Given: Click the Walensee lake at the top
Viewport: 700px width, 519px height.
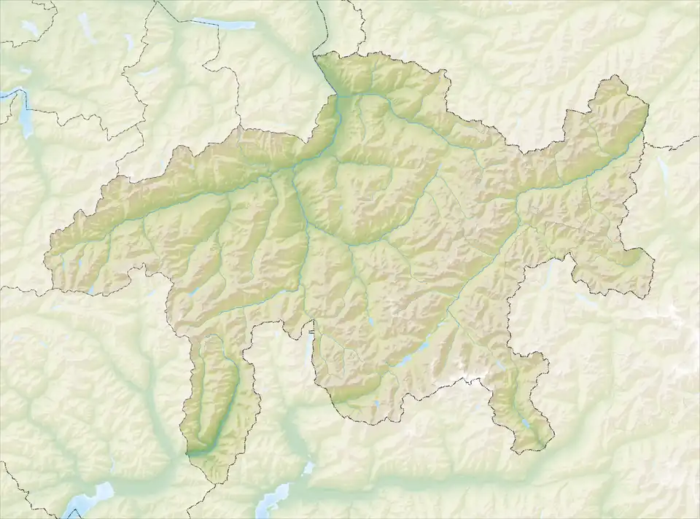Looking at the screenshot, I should [x=232, y=25].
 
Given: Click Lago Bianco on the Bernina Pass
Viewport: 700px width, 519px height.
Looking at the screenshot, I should [x=501, y=364].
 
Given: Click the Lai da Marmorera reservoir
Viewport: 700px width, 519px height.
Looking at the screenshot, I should [x=372, y=321].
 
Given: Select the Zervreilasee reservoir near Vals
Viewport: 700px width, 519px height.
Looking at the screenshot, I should [x=192, y=294].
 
